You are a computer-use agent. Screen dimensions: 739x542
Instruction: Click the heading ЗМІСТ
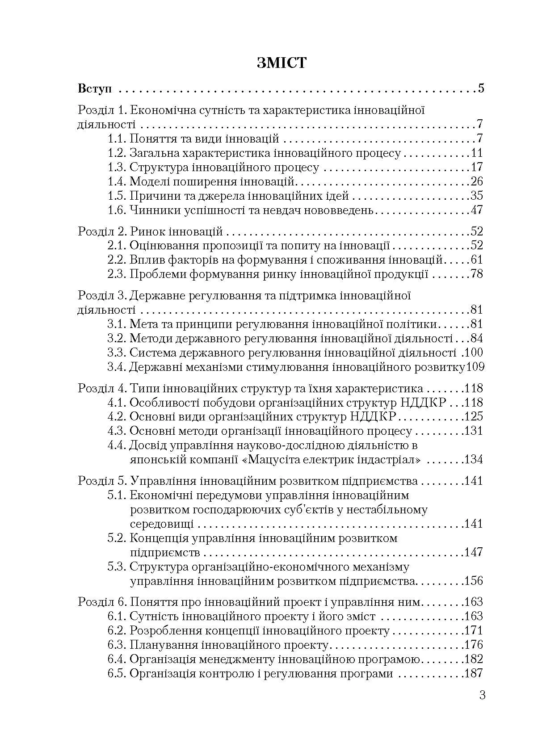pyautogui.click(x=282, y=63)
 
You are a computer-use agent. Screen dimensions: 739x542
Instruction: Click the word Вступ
pyautogui.click(x=95, y=88)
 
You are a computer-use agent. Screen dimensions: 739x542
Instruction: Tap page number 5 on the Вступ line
pyautogui.click(x=481, y=88)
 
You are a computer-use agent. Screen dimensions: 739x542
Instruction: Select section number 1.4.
pyautogui.click(x=117, y=181)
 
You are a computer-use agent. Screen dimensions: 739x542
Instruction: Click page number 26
pyautogui.click(x=477, y=181)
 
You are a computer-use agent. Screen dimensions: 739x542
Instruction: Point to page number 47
pyautogui.click(x=477, y=210)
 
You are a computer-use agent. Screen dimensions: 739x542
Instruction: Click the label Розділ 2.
pyautogui.click(x=102, y=231)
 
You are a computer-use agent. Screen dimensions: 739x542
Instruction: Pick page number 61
pyautogui.click(x=477, y=260)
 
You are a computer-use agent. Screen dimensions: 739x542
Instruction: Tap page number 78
pyautogui.click(x=477, y=274)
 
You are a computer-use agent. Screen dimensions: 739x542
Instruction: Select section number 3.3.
pyautogui.click(x=117, y=353)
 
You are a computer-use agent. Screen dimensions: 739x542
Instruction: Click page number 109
pyautogui.click(x=475, y=367)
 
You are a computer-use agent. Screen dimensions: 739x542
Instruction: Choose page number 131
pyautogui.click(x=474, y=431)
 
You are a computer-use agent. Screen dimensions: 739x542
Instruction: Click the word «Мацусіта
pyautogui.click(x=272, y=460)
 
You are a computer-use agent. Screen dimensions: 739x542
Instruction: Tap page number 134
pyautogui.click(x=474, y=460)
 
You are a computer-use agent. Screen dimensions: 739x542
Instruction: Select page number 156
pyautogui.click(x=474, y=581)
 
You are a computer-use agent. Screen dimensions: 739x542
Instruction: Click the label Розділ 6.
pyautogui.click(x=102, y=602)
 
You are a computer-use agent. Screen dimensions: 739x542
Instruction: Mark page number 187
pyautogui.click(x=474, y=674)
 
